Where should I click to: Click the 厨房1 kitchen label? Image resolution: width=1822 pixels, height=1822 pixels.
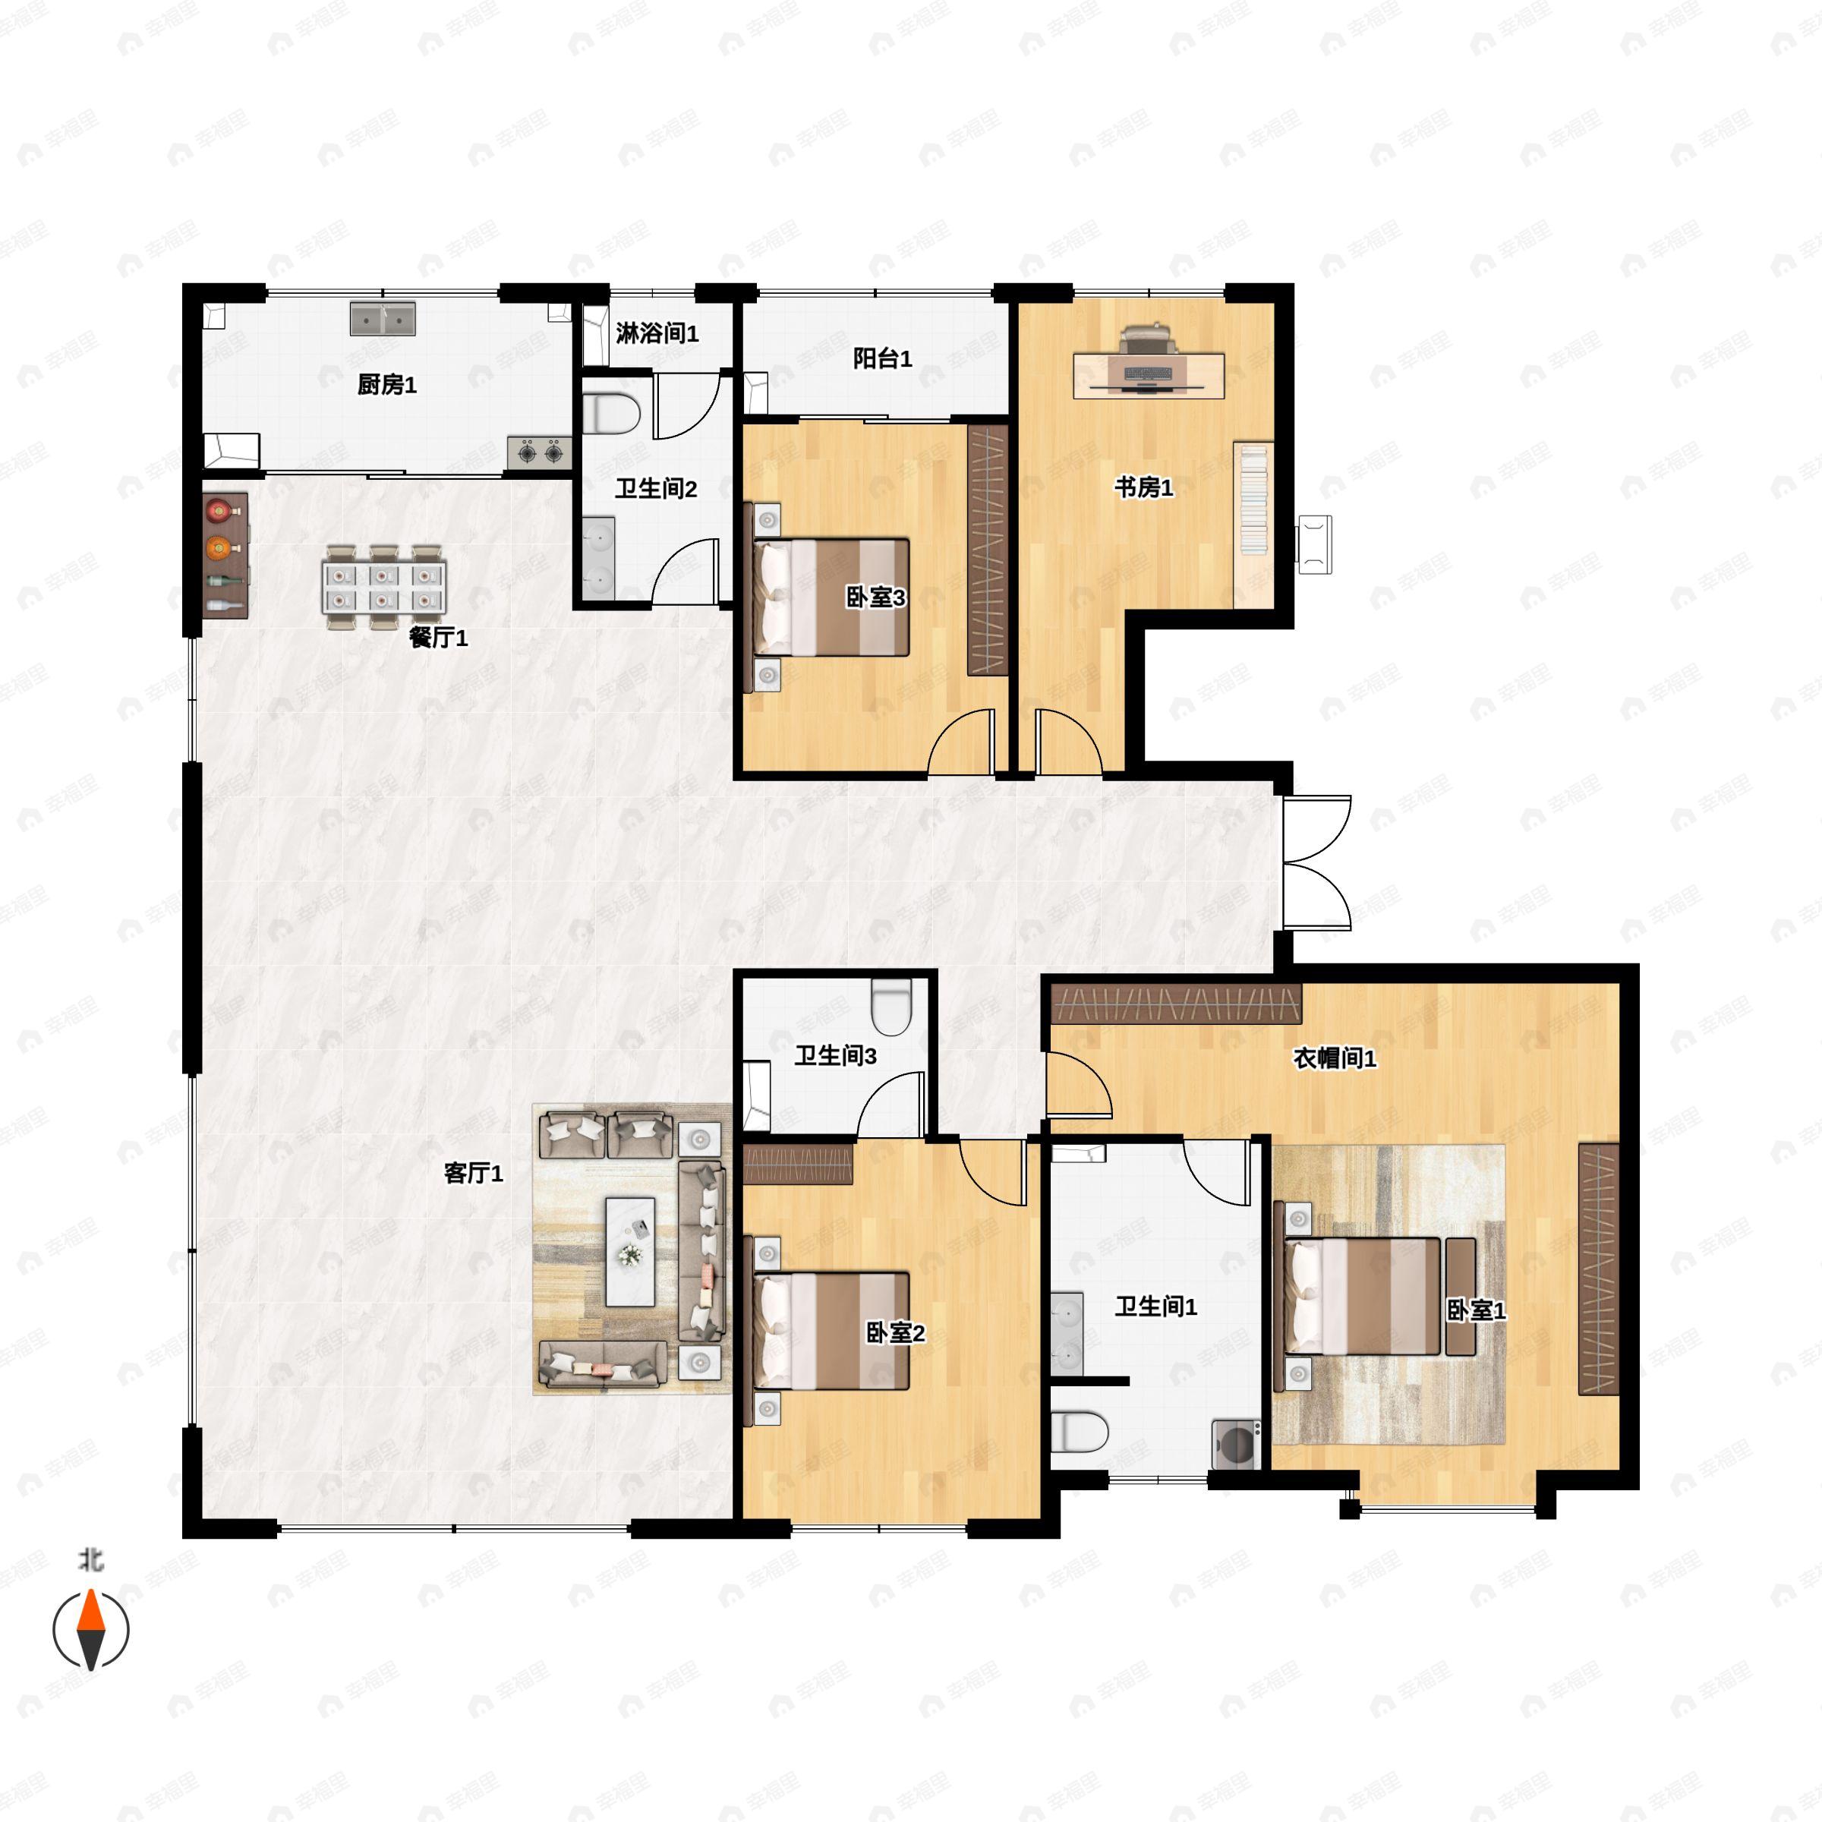click(x=386, y=385)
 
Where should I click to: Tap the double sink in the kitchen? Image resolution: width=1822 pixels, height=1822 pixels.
click(x=384, y=319)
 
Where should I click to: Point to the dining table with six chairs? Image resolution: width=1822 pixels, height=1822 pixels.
click(x=384, y=587)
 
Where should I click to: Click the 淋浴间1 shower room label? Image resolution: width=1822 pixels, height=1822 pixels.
click(x=657, y=334)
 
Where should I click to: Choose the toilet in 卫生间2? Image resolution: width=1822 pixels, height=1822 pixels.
click(x=611, y=414)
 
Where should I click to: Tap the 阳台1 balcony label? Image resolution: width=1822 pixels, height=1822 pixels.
click(x=881, y=358)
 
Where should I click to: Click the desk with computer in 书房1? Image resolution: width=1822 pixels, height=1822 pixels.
click(x=1149, y=374)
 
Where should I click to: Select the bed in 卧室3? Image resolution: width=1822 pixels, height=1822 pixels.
click(x=830, y=597)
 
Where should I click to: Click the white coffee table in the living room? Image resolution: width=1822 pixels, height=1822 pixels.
click(x=630, y=1251)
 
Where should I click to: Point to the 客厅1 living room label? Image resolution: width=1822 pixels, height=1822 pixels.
click(x=474, y=1173)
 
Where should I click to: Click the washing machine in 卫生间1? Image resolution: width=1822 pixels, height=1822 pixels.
click(x=1235, y=1443)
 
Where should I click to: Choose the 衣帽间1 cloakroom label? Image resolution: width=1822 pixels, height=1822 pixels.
click(x=1334, y=1058)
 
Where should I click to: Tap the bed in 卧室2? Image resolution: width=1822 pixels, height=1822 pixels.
click(x=830, y=1332)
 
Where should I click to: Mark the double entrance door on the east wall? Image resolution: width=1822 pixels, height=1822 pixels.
click(x=1316, y=863)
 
